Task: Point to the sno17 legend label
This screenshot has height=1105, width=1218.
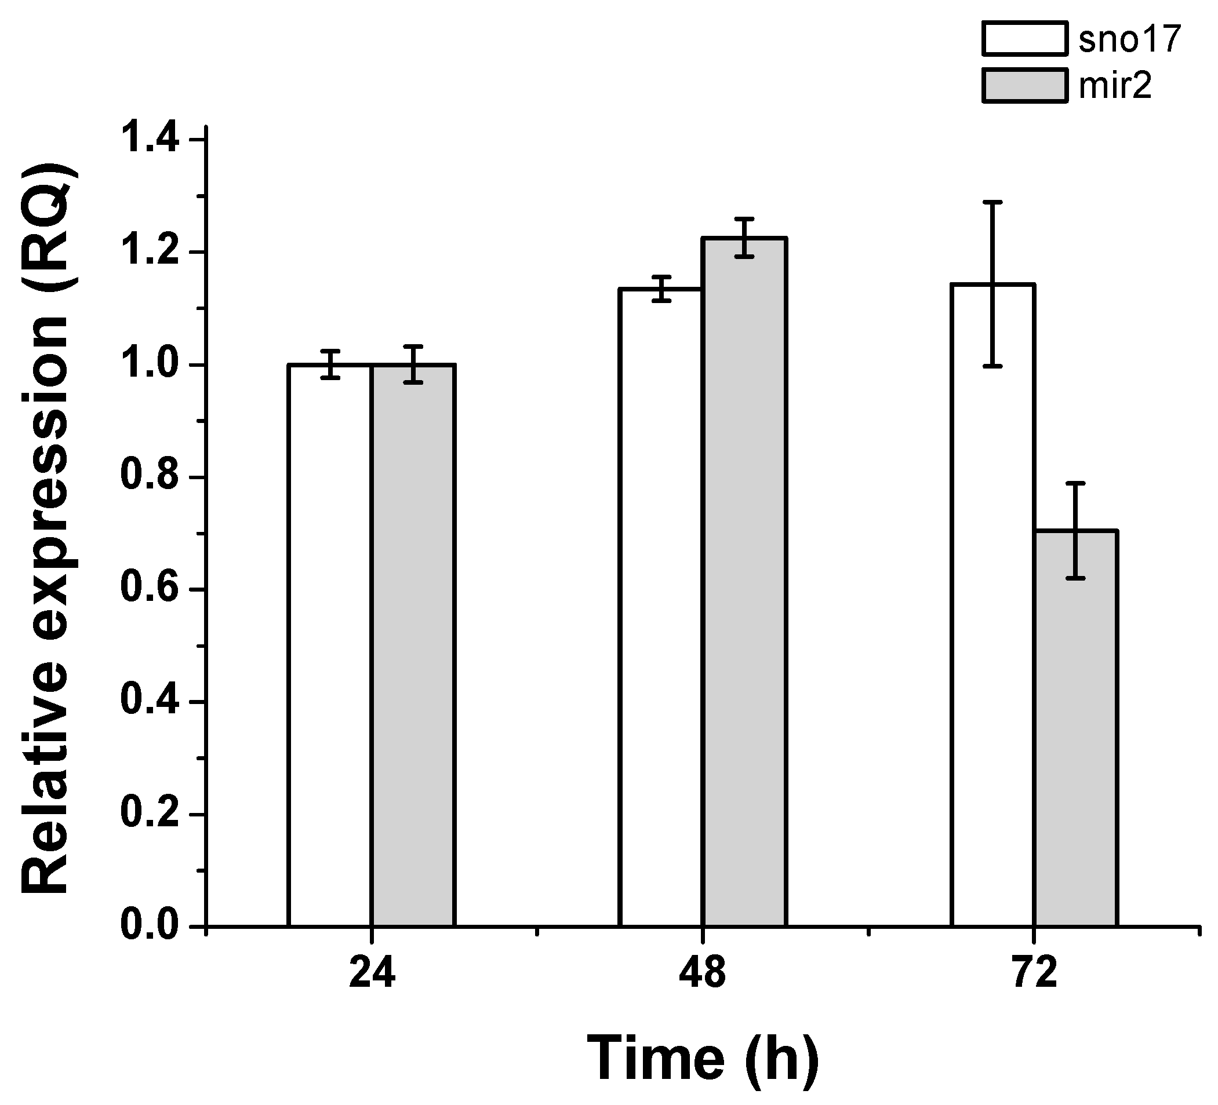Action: pyautogui.click(x=1129, y=39)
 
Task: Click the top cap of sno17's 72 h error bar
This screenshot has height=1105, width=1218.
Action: pyautogui.click(x=992, y=202)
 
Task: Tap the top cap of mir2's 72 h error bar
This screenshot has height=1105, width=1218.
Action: pyautogui.click(x=1076, y=483)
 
